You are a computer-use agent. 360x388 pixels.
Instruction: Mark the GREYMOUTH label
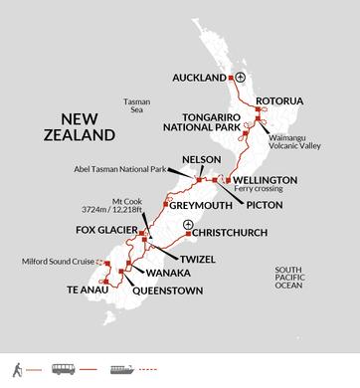tap(199, 208)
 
